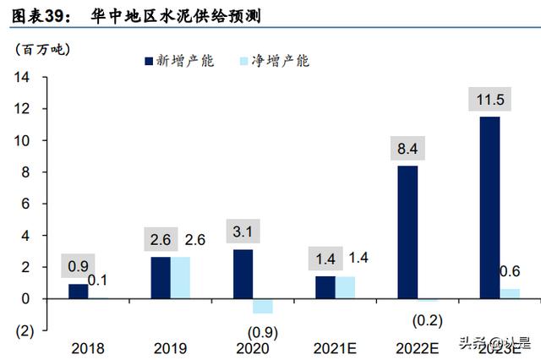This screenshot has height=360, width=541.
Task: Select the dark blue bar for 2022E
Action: tap(407, 232)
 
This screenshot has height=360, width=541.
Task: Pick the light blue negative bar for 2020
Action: tap(263, 306)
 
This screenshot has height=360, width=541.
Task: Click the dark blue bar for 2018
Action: tap(78, 292)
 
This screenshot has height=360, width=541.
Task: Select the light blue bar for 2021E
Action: tap(345, 287)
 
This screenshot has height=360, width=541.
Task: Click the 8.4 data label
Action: tap(407, 150)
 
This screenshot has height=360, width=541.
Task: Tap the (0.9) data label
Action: tap(263, 331)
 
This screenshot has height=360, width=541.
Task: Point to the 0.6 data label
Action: tap(511, 271)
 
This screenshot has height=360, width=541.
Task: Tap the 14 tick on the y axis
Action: tap(22, 78)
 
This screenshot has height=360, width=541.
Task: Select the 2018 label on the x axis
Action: tap(86, 347)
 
